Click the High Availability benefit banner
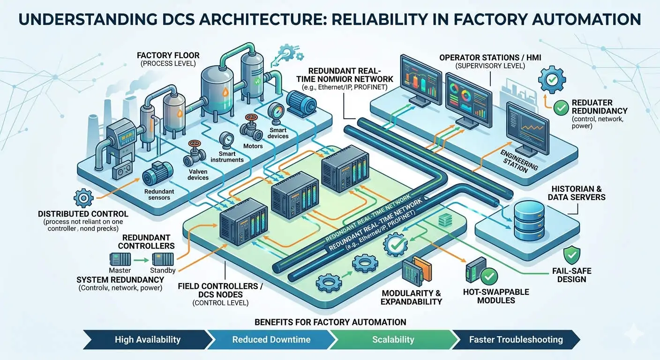[147, 339]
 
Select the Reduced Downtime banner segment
[271, 339]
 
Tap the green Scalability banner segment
[393, 339]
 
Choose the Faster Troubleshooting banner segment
[516, 339]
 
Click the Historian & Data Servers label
[577, 192]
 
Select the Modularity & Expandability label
[411, 297]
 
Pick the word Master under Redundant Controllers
[120, 270]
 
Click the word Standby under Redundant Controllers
[163, 270]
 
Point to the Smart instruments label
[227, 156]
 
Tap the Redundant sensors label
[159, 195]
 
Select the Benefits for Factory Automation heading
[330, 322]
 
